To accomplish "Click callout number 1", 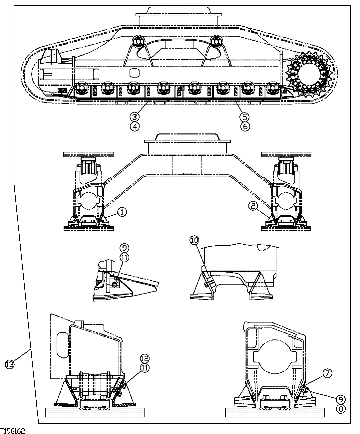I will (x=122, y=212).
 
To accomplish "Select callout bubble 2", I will (x=253, y=207).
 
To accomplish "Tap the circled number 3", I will (x=135, y=117).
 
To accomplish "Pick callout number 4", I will (x=135, y=126).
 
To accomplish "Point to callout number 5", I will (x=245, y=117).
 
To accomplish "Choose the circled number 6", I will (x=245, y=126).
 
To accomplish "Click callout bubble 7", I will (x=327, y=374).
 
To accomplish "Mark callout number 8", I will (x=340, y=409).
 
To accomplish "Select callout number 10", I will (x=194, y=240).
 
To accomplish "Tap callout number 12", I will (x=145, y=359).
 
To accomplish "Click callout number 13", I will (x=10, y=364).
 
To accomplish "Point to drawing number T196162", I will (x=13, y=431).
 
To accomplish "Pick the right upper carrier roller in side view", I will (x=217, y=41).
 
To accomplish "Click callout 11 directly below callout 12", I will (x=145, y=368).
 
